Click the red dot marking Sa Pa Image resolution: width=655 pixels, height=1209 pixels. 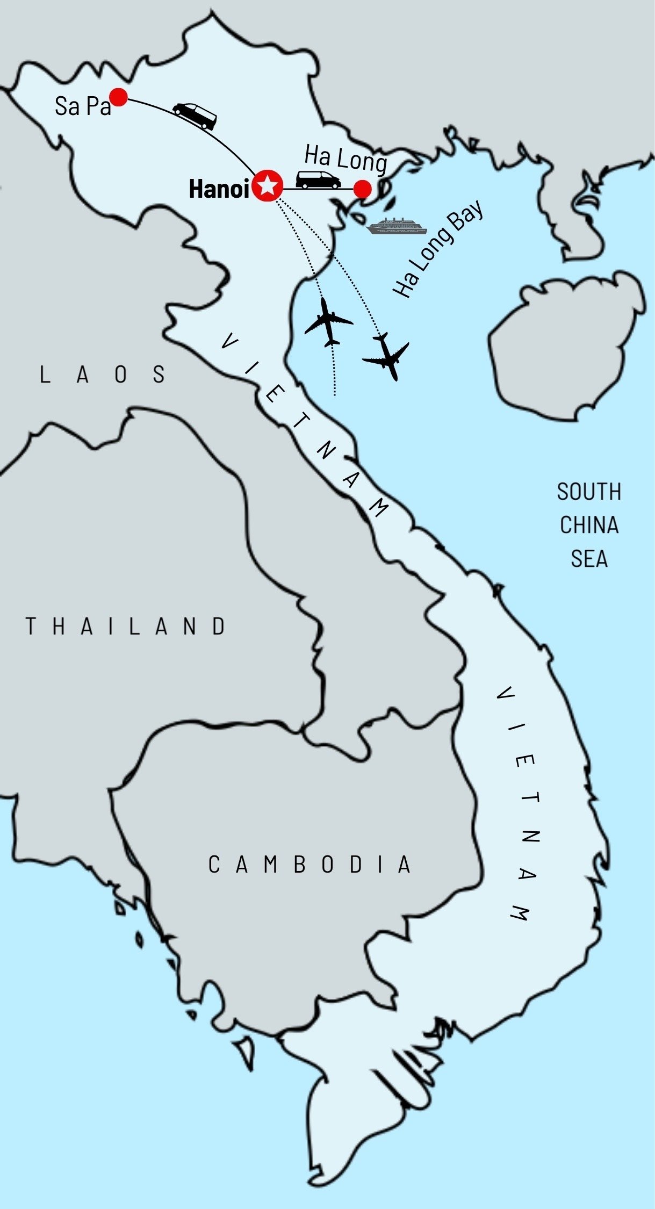[118, 97]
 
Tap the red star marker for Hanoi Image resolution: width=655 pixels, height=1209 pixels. [268, 186]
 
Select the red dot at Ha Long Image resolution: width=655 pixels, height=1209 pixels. [363, 189]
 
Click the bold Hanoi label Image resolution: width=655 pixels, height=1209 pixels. [219, 189]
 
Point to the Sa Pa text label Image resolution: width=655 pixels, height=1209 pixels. [82, 106]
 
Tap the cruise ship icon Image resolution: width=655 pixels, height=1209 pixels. [397, 227]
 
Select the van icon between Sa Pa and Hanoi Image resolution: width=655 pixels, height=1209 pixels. [195, 116]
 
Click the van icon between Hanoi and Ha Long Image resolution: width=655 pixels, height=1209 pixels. [318, 180]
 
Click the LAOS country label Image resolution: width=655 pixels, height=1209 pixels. [102, 375]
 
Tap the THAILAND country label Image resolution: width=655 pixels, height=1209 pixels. [126, 627]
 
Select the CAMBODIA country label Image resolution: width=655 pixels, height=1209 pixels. [309, 865]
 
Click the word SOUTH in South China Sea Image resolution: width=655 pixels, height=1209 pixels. [589, 492]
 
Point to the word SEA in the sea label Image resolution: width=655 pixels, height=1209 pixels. [589, 559]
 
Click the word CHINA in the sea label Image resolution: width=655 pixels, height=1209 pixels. [589, 526]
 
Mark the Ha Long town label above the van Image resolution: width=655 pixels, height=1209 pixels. [346, 158]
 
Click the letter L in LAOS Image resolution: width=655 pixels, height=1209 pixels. [45, 375]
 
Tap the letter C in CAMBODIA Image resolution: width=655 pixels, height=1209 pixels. [214, 865]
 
